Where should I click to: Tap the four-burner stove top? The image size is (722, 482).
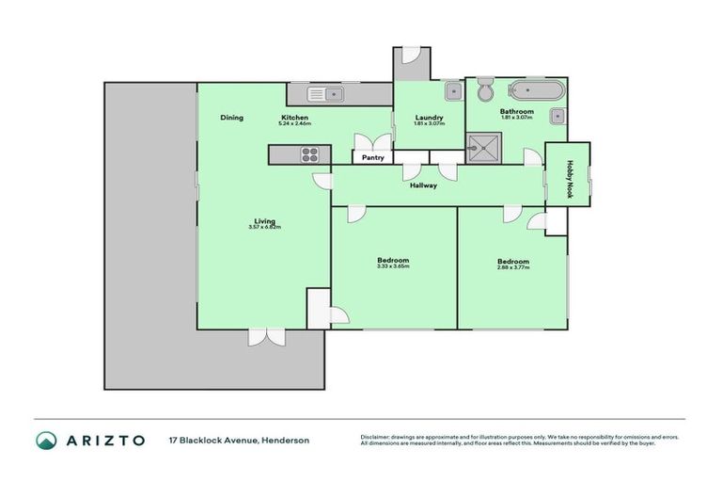[310, 154]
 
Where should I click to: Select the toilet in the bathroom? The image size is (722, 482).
[486, 92]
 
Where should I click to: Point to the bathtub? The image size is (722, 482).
[536, 91]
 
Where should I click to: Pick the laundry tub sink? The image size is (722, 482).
[452, 92]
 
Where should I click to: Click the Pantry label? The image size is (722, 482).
[373, 158]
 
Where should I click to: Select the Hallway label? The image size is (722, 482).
[423, 185]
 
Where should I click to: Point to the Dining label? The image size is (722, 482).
[232, 118]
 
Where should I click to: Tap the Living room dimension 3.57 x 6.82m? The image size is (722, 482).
[265, 227]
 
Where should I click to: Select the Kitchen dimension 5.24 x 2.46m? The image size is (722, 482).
[301, 123]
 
